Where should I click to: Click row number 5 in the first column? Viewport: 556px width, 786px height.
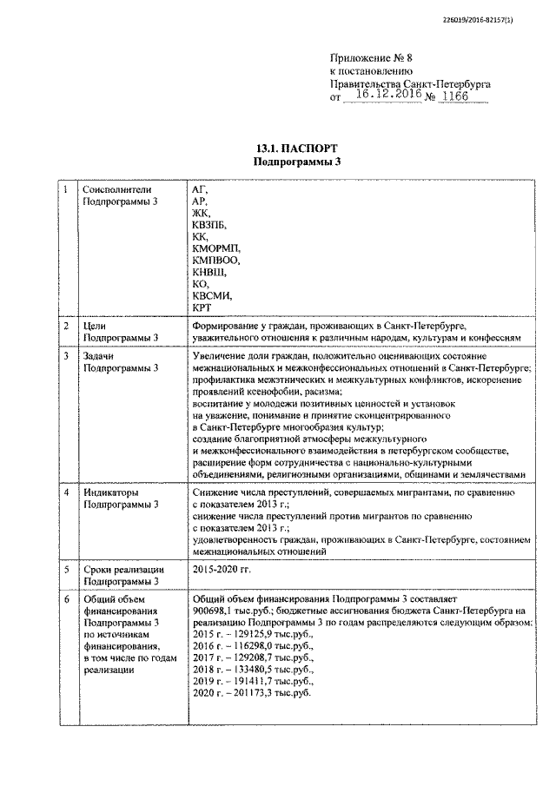click(x=67, y=569)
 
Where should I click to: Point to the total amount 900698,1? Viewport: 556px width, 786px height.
click(x=214, y=611)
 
